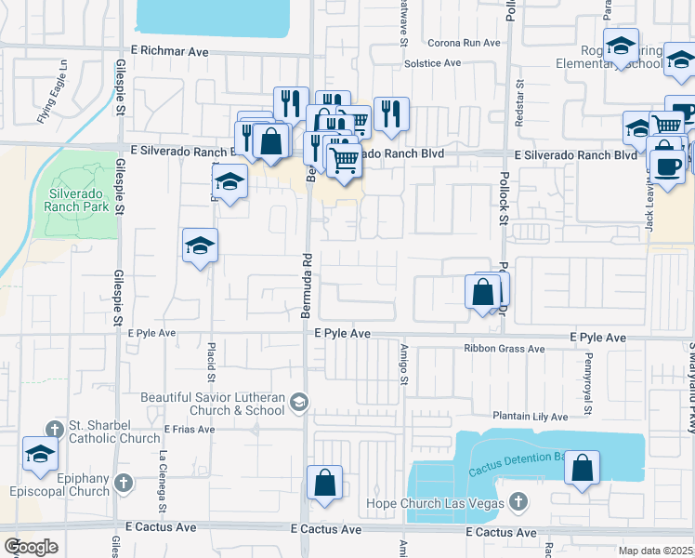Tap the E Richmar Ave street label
(170, 52)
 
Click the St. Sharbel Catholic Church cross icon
(55, 429)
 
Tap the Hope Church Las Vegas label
(440, 502)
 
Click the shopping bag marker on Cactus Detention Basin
(582, 469)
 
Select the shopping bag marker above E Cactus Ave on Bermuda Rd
(324, 483)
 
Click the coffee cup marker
(668, 165)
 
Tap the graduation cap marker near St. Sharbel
(40, 454)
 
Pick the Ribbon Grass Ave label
(505, 349)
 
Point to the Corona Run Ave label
(464, 43)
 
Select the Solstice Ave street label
(433, 63)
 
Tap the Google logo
(31, 547)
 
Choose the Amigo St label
(405, 366)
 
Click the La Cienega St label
(164, 482)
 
